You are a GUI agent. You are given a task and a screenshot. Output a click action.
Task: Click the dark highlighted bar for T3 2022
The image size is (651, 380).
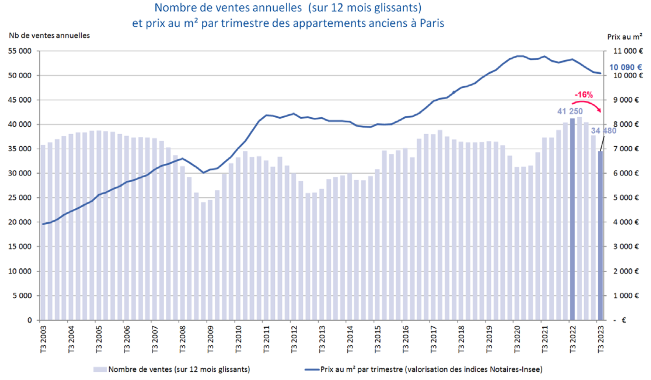pyautogui.click(x=572, y=219)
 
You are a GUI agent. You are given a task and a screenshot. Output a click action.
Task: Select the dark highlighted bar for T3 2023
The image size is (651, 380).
pyautogui.click(x=600, y=236)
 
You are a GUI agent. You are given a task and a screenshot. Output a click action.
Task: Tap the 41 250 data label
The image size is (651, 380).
pyautogui.click(x=570, y=111)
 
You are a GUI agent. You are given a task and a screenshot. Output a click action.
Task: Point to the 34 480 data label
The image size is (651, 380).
pyautogui.click(x=604, y=131)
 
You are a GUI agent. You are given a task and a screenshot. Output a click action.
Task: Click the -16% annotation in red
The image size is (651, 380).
pyautogui.click(x=584, y=95)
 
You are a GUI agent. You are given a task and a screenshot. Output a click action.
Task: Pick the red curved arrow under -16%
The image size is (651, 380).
pyautogui.click(x=587, y=104)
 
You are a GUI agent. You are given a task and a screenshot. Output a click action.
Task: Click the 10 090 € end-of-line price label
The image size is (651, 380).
pyautogui.click(x=625, y=67)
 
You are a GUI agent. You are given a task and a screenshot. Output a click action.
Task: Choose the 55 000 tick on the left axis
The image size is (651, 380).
pyautogui.click(x=20, y=51)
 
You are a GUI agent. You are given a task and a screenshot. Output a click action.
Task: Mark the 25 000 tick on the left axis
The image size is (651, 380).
pyautogui.click(x=20, y=198)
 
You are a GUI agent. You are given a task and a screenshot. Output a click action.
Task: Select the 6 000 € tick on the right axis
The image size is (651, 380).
pyautogui.click(x=626, y=173)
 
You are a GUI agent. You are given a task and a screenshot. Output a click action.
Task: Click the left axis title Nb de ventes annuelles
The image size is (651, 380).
pyautogui.click(x=49, y=36)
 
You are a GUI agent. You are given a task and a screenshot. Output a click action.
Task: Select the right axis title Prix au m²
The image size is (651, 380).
pyautogui.click(x=624, y=37)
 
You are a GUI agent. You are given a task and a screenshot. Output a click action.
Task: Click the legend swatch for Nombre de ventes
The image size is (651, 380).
pyautogui.click(x=100, y=370)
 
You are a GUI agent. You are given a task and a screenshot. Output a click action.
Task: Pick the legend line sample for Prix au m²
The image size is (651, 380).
pyautogui.click(x=312, y=370)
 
